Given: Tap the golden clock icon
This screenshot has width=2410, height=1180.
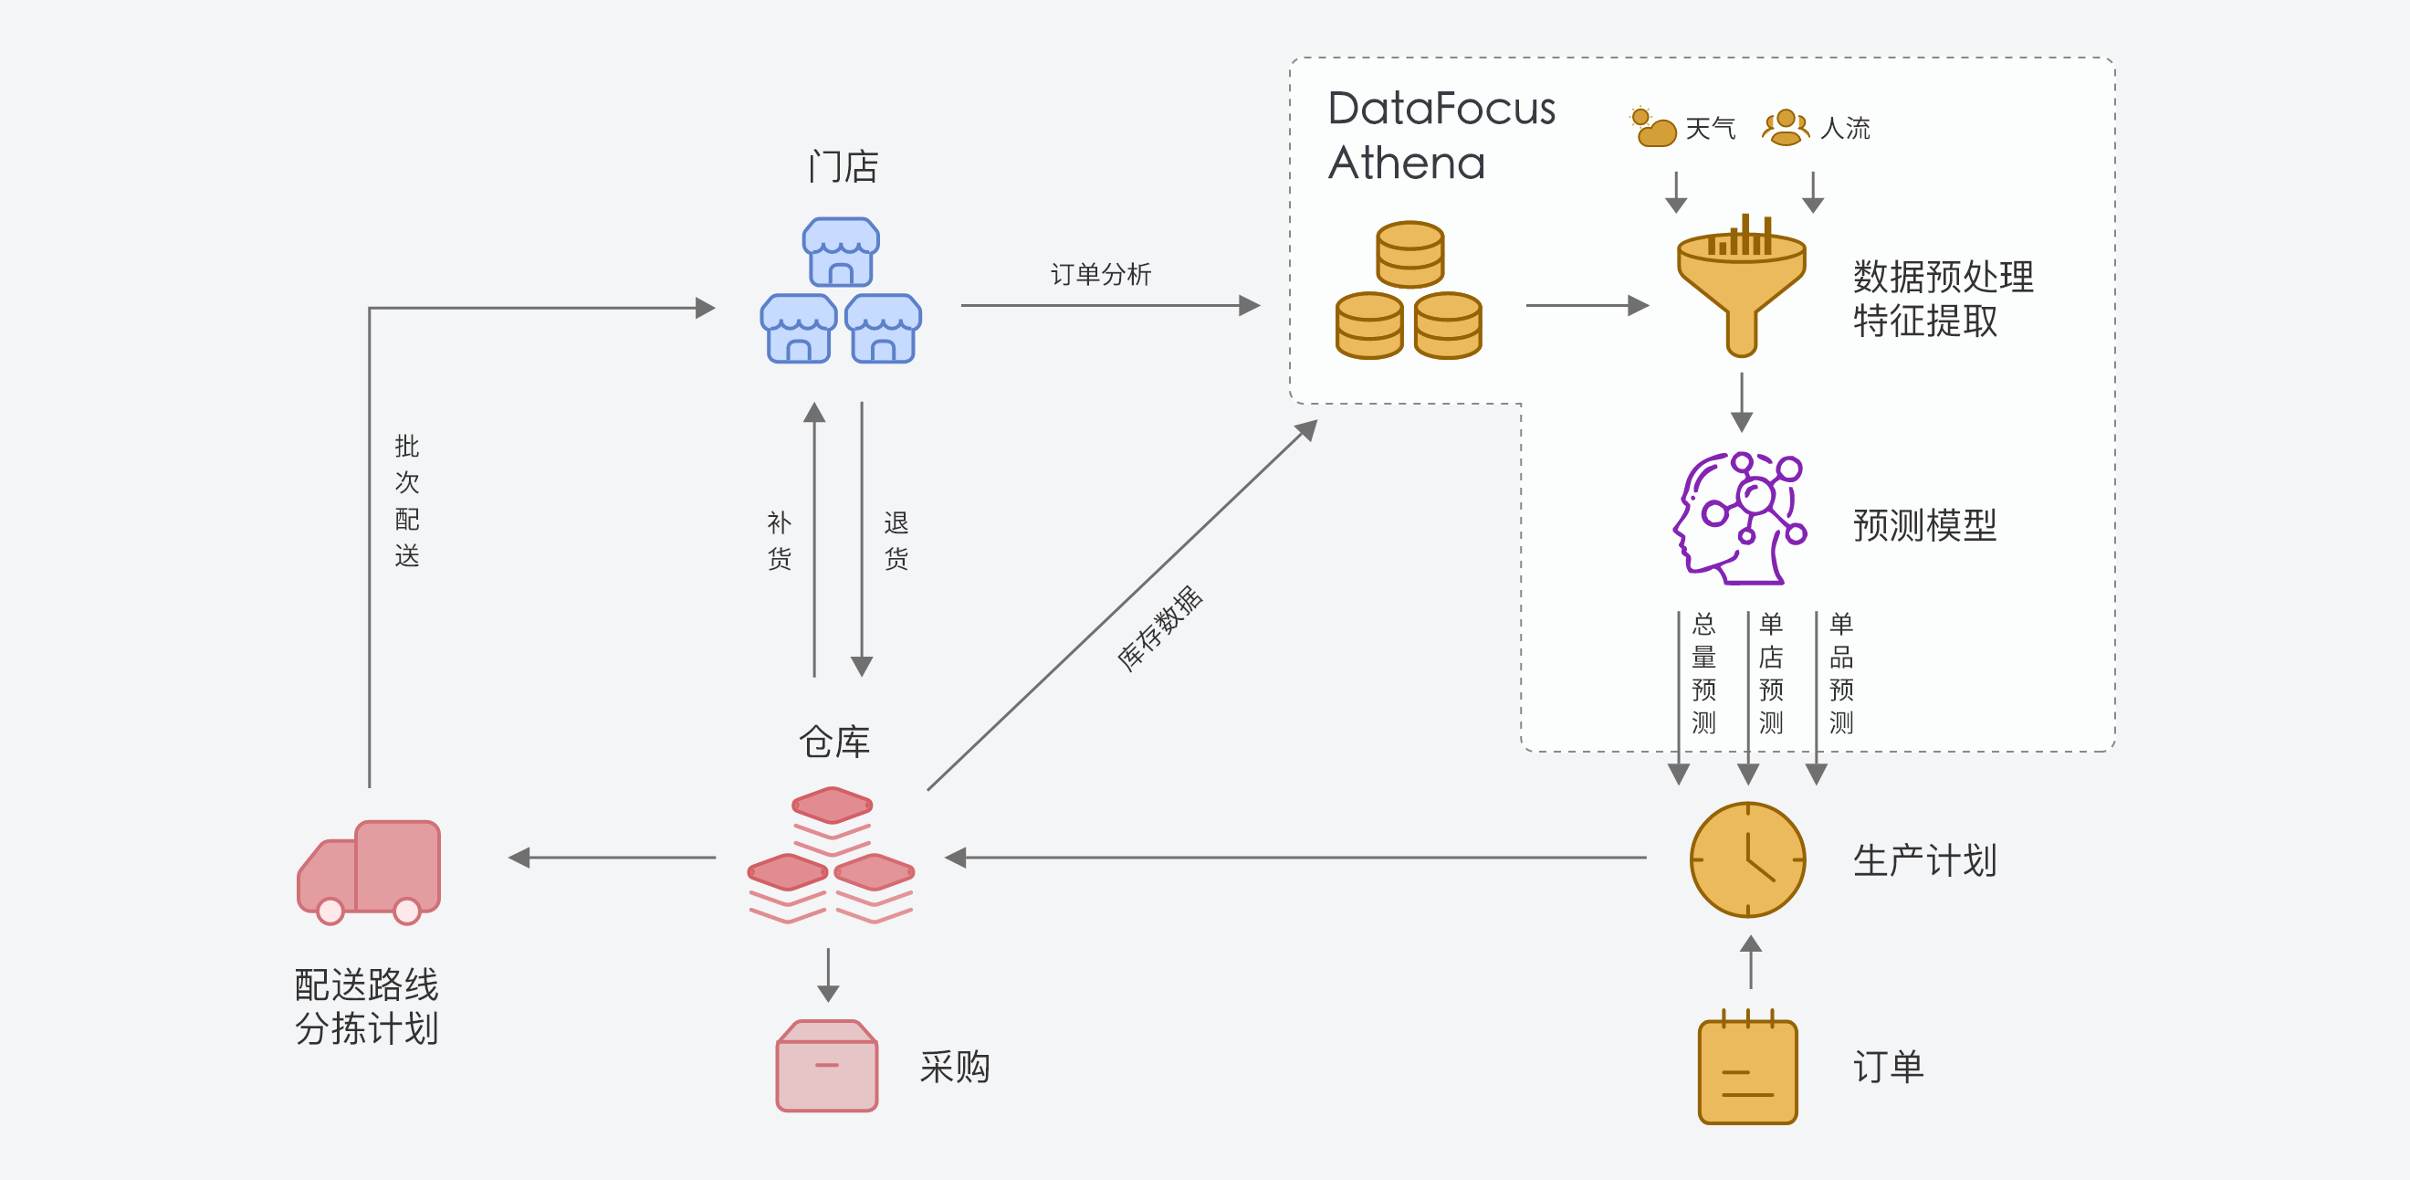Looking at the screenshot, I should pyautogui.click(x=1746, y=859).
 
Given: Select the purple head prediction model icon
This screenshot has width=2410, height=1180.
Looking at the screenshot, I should pyautogui.click(x=1739, y=520).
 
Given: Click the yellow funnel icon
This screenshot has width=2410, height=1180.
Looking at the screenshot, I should pyautogui.click(x=1740, y=285).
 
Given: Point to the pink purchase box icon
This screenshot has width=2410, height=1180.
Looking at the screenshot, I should pyautogui.click(x=827, y=1066).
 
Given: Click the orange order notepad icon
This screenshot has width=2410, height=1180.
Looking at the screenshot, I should pyautogui.click(x=1746, y=1069).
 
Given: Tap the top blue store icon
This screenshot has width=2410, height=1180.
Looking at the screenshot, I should pyautogui.click(x=840, y=252).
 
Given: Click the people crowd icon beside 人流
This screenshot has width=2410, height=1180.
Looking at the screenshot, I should pyautogui.click(x=1785, y=127).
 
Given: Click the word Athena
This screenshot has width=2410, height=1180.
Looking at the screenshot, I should pyautogui.click(x=1406, y=163).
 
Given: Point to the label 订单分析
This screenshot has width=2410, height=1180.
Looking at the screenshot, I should pyautogui.click(x=1100, y=274).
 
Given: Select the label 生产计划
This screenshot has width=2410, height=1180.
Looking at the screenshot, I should pyautogui.click(x=1924, y=860).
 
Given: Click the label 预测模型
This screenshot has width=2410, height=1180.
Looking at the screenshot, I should pyautogui.click(x=1924, y=525).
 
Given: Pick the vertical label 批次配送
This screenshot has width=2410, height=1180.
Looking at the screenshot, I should pyautogui.click(x=407, y=500).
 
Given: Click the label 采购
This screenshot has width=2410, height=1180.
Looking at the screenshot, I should pyautogui.click(x=954, y=1067).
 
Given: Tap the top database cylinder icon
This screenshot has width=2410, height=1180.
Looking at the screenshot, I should pyautogui.click(x=1409, y=254).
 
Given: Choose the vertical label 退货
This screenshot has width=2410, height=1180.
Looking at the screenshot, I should pyautogui.click(x=896, y=541).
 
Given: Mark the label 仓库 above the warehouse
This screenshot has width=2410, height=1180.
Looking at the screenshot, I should pyautogui.click(x=833, y=742).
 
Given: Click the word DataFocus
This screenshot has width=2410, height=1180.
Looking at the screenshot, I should pyautogui.click(x=1441, y=109).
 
